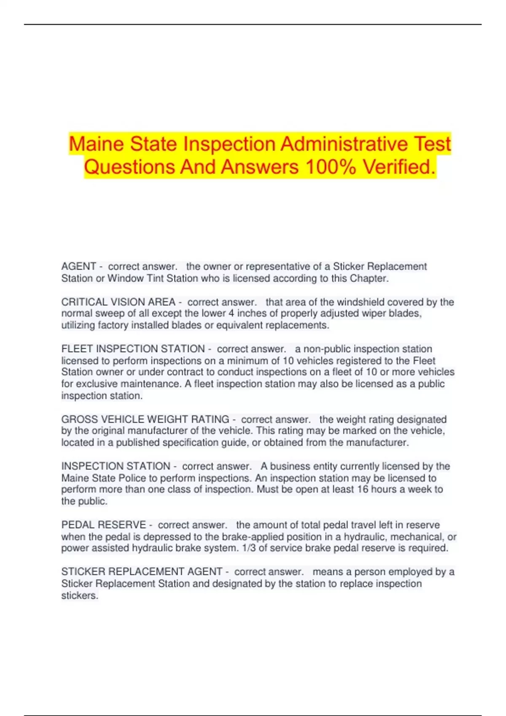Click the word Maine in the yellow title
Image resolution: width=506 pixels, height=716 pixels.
click(x=97, y=144)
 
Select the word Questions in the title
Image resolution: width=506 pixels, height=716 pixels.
click(x=129, y=167)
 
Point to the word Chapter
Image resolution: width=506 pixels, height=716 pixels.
click(x=370, y=278)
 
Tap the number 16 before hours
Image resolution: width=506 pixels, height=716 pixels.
click(x=362, y=489)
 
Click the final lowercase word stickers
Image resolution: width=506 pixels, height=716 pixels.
click(x=79, y=595)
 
